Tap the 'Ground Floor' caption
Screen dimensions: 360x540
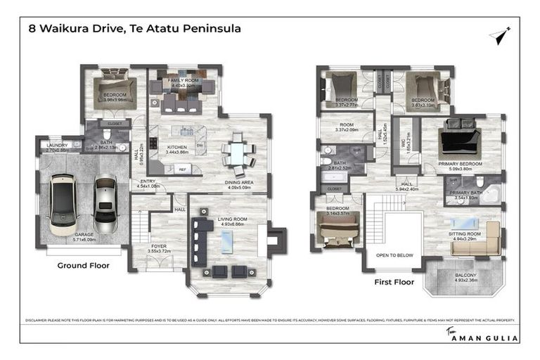(83, 266)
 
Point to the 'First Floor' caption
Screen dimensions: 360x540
(392, 282)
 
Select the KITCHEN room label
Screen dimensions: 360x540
(177, 147)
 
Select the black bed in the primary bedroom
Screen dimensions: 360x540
(458, 141)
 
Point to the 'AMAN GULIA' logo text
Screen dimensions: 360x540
(486, 338)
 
